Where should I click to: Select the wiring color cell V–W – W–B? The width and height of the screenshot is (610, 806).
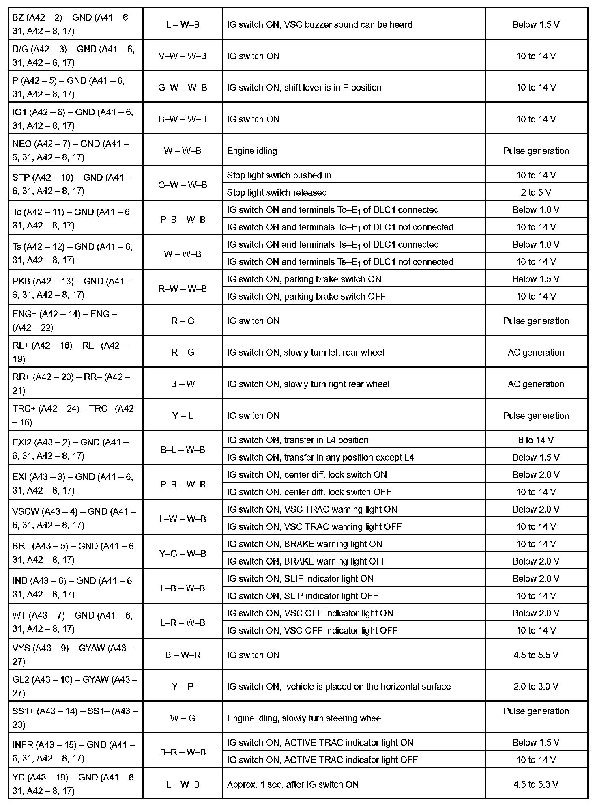point(183,56)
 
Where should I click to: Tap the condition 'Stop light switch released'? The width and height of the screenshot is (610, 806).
point(277,192)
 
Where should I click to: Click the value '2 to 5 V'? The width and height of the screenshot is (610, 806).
point(536,192)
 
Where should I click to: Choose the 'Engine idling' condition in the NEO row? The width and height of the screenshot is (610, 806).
point(252,151)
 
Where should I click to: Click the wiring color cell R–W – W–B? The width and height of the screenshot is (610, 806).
point(183,289)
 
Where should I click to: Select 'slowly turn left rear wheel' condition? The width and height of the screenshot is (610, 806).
point(305,352)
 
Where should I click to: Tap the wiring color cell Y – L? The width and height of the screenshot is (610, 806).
point(183,416)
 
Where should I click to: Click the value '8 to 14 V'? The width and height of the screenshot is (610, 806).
point(536,440)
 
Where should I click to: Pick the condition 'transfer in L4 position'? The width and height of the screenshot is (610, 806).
point(298,440)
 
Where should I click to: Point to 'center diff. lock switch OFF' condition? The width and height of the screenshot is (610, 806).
point(309,492)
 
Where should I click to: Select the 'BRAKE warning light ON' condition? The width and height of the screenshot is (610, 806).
point(305,544)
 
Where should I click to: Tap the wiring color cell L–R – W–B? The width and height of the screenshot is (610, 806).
point(183,623)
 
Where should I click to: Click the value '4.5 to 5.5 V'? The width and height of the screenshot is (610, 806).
point(536,655)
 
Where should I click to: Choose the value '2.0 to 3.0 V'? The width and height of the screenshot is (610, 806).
point(536,686)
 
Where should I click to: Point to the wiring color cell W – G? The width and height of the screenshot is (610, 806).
point(183,718)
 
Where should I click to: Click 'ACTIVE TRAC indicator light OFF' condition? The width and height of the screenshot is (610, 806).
point(322,759)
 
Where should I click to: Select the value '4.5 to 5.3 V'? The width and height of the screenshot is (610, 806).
point(536,784)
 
